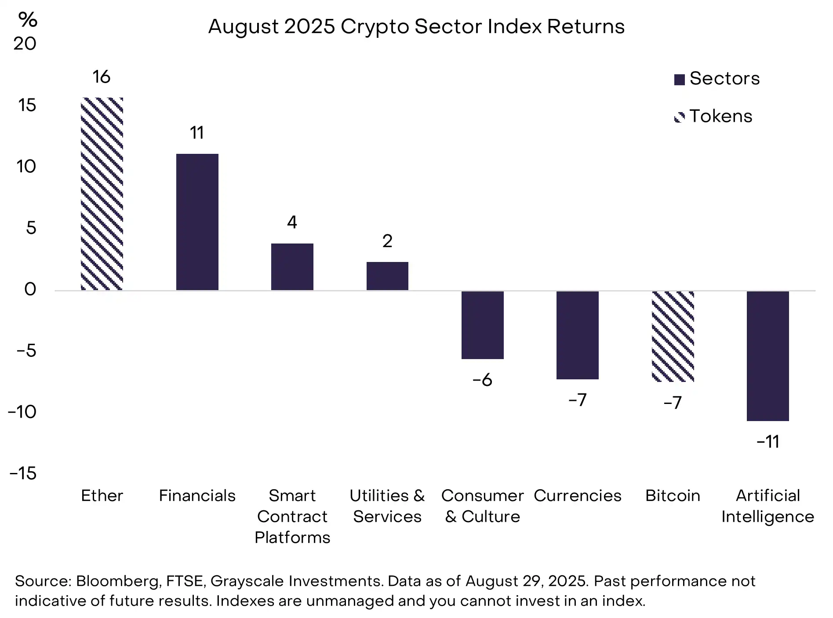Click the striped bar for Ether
[x=102, y=194]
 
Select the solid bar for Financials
[x=197, y=222]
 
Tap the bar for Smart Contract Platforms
[x=292, y=267]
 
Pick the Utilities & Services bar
[x=387, y=276]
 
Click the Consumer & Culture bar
[x=482, y=325]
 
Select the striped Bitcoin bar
[x=673, y=336]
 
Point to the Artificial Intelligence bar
[x=768, y=356]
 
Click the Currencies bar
[x=577, y=335]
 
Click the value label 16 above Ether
[x=102, y=77]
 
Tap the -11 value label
[x=768, y=441]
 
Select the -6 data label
[x=482, y=380]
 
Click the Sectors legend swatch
[x=679, y=80]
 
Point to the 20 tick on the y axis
[x=25, y=44]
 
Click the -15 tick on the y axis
[x=23, y=473]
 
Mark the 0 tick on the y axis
[x=30, y=289]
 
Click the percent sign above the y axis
[x=28, y=19]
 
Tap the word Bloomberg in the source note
[x=118, y=581]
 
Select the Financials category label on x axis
[x=197, y=495]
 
